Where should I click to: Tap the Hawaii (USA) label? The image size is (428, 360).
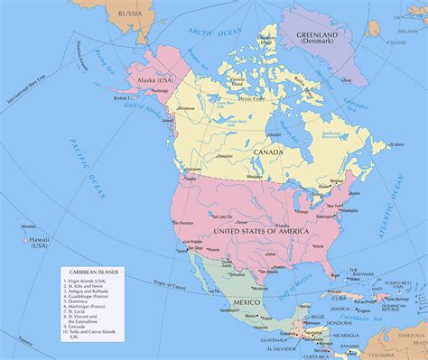[x=38, y=242]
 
